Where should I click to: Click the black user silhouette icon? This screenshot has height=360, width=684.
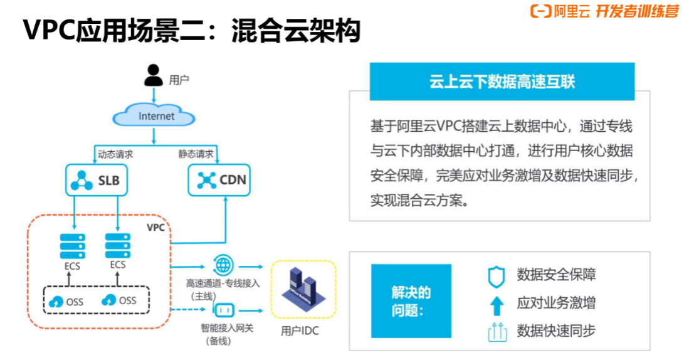pyautogui.click(x=154, y=75)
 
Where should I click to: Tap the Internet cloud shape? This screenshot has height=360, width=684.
pyautogui.click(x=156, y=117)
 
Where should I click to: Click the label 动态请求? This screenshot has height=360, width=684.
pyautogui.click(x=115, y=154)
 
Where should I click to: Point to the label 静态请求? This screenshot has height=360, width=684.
pyautogui.click(x=195, y=154)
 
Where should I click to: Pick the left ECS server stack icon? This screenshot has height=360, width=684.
pyautogui.click(x=72, y=247)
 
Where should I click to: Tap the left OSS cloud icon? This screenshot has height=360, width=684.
pyautogui.click(x=57, y=301)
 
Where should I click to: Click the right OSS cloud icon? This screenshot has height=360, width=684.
pyautogui.click(x=110, y=300)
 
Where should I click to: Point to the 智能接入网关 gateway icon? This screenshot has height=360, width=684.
pyautogui.click(x=223, y=310)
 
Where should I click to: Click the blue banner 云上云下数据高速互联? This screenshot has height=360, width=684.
pyautogui.click(x=502, y=82)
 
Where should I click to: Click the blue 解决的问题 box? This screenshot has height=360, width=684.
pyautogui.click(x=411, y=302)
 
